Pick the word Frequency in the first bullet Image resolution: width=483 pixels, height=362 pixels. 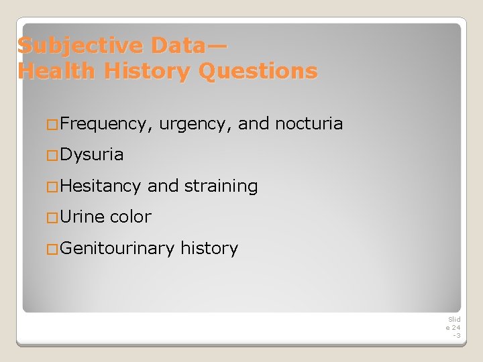(x=107, y=124)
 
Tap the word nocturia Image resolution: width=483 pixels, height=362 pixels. (x=309, y=123)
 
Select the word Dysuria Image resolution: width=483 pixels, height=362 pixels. (x=92, y=155)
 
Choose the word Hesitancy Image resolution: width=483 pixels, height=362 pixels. (x=101, y=186)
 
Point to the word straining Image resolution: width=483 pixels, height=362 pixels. (x=221, y=186)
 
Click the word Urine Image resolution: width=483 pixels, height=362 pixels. (x=83, y=217)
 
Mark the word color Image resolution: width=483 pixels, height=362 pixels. (x=131, y=217)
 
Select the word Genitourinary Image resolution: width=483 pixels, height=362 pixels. (x=117, y=248)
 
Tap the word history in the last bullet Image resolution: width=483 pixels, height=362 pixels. (x=209, y=248)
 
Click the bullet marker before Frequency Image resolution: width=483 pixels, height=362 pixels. (x=53, y=124)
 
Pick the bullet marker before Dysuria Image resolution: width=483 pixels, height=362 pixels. (x=53, y=155)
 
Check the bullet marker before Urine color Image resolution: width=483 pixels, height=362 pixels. (x=53, y=217)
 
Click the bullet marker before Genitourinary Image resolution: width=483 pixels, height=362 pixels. (x=53, y=249)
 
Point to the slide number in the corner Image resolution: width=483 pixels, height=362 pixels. (x=454, y=327)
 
